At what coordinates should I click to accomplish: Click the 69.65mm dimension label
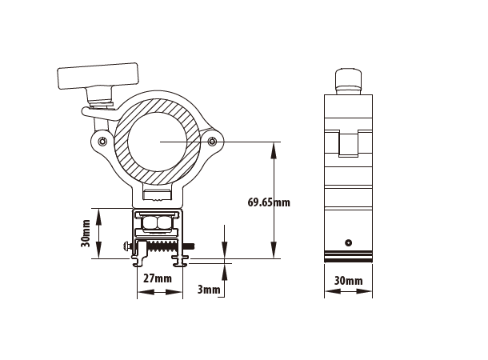[x=269, y=202]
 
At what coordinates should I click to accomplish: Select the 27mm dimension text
[x=158, y=278]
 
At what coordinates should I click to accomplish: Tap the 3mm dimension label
[x=208, y=290]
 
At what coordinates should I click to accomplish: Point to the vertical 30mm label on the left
[x=86, y=233]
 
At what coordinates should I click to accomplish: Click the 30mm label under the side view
[x=348, y=281]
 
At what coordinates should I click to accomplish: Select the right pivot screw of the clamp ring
[x=211, y=142]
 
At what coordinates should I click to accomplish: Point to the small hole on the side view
[x=348, y=242]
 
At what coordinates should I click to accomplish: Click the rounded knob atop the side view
[x=348, y=80]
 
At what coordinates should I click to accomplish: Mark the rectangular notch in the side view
[x=348, y=144]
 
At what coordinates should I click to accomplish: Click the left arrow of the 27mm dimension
[x=142, y=292]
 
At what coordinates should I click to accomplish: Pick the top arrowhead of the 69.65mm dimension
[x=274, y=146]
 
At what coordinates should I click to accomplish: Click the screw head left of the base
[x=128, y=246]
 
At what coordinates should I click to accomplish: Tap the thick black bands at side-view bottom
[x=348, y=257]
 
